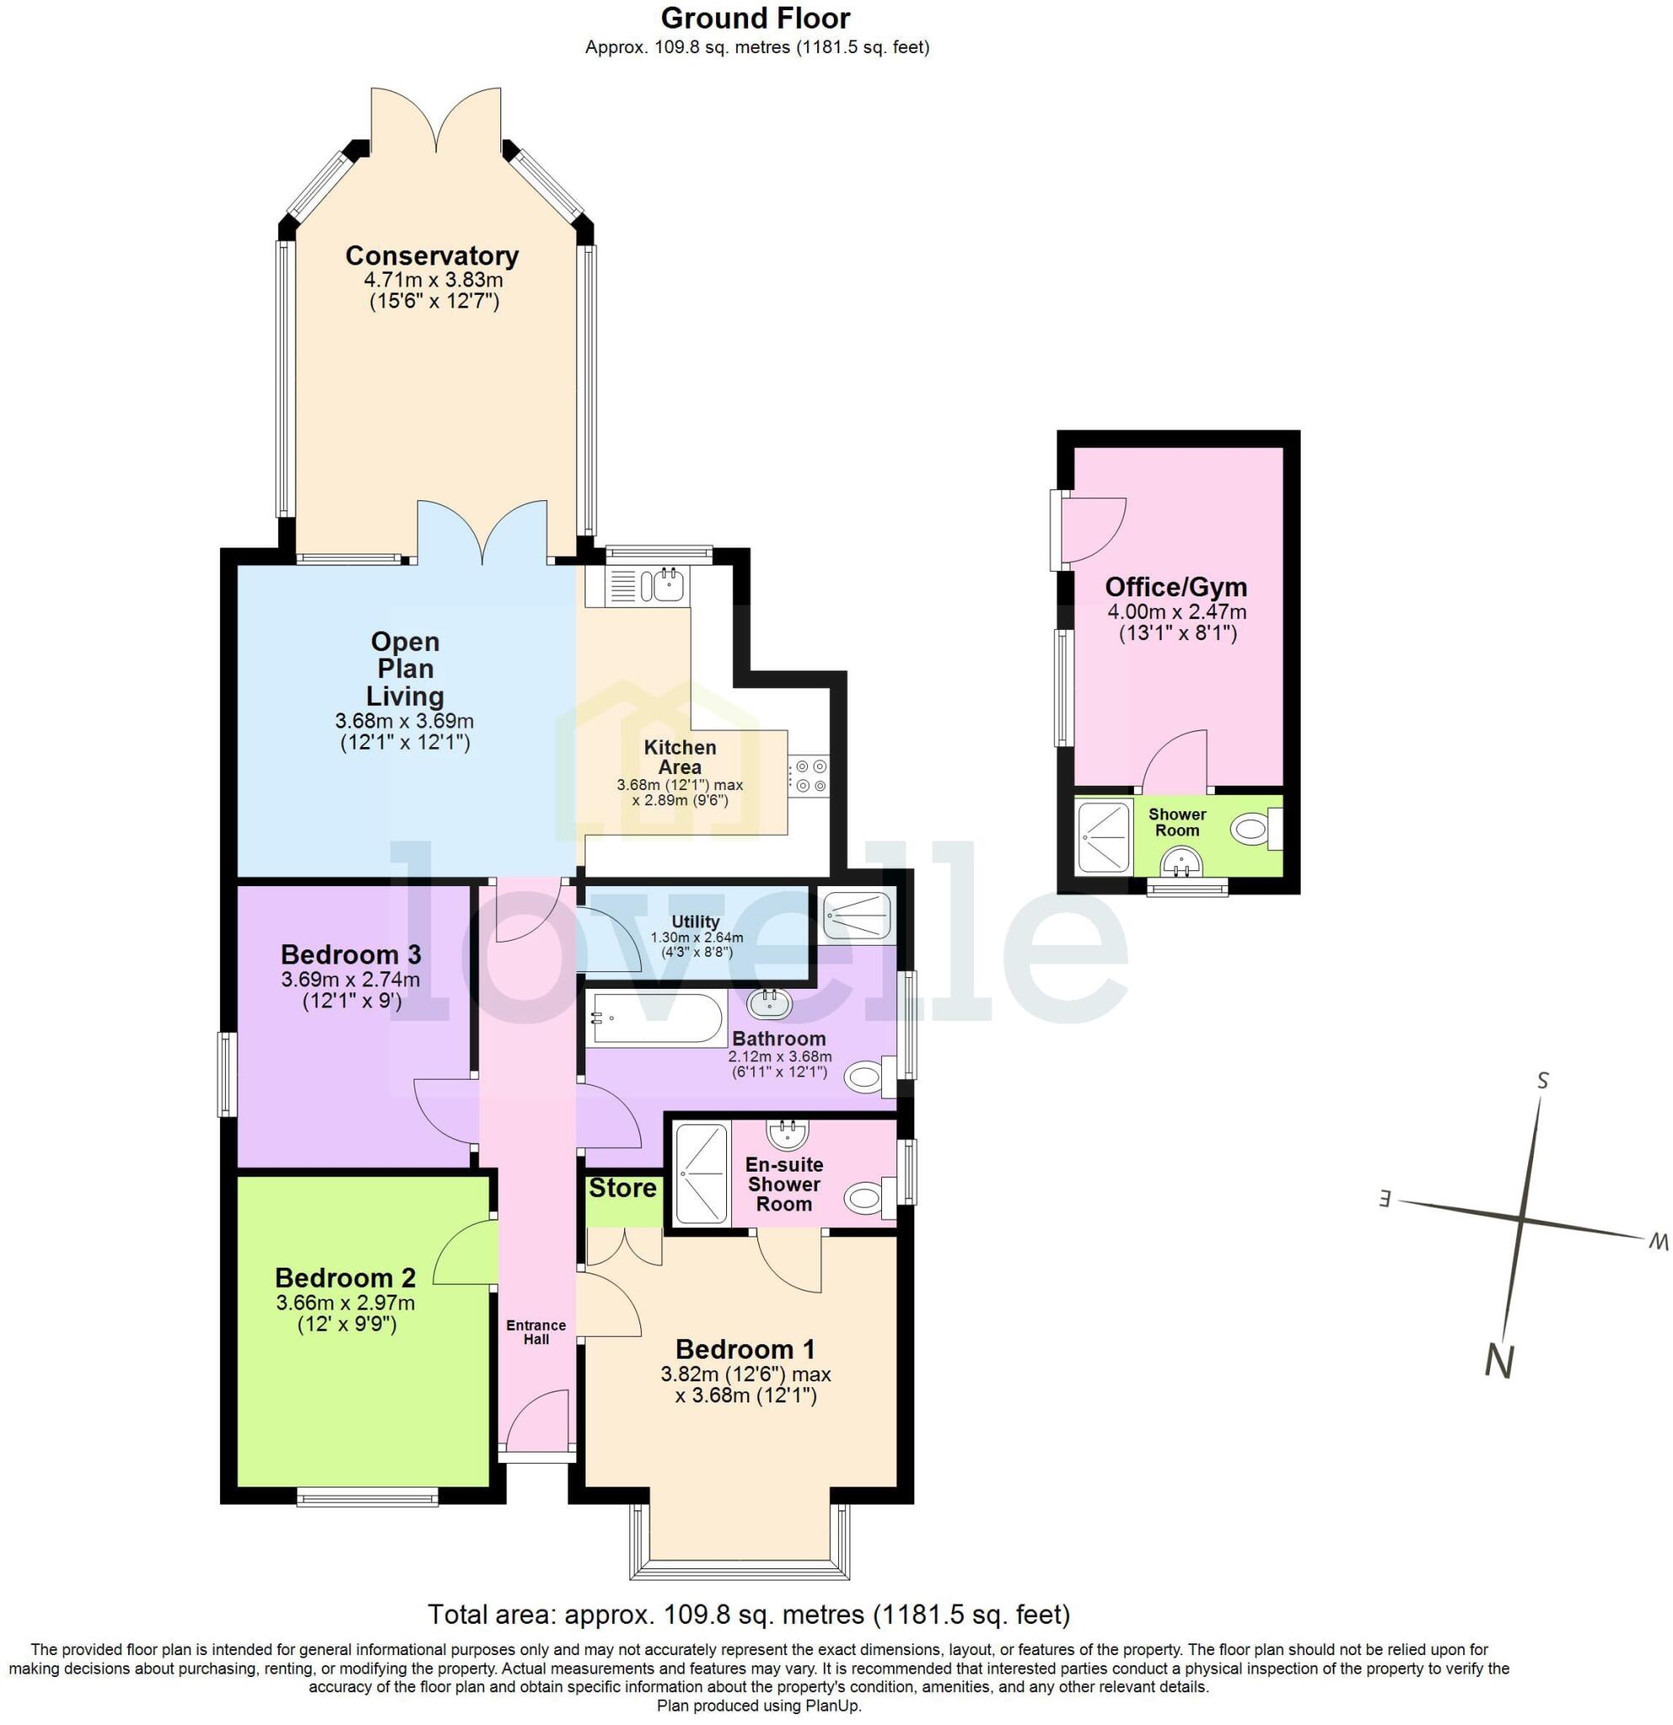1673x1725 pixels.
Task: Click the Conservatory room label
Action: point(431,256)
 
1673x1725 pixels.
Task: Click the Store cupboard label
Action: point(623,1188)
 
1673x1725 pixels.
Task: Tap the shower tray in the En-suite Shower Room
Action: point(702,1172)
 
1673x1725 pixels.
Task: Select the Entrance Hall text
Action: point(536,1332)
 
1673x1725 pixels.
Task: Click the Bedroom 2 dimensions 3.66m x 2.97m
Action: point(345,1302)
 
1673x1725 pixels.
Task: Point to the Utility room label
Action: point(695,921)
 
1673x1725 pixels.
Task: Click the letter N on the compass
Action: point(1499,1360)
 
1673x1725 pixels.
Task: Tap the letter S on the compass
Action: point(1542,1081)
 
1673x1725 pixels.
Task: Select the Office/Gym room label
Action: point(1176,587)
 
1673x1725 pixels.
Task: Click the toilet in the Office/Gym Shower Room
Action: point(1253,829)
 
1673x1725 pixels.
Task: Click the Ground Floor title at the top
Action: point(755,19)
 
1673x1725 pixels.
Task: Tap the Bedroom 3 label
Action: point(350,954)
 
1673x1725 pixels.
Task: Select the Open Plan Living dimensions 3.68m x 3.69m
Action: point(404,722)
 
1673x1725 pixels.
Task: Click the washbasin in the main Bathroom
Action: point(769,1001)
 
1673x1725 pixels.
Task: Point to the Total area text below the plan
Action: point(748,1615)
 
